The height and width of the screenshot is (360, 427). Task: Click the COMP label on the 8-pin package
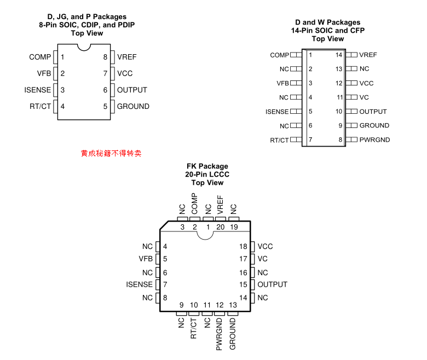[40, 57]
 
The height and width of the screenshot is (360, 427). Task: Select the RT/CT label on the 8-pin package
[40, 106]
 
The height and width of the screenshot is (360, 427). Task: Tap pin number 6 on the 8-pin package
[105, 90]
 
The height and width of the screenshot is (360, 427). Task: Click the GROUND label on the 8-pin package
[133, 106]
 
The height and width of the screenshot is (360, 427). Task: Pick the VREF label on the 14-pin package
[368, 55]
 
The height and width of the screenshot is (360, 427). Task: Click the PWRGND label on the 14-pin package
[374, 140]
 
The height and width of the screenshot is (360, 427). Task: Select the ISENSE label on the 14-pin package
[277, 112]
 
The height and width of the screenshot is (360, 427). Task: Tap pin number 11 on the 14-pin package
[339, 97]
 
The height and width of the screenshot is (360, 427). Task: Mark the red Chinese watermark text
[111, 154]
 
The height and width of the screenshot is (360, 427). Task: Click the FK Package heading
[207, 166]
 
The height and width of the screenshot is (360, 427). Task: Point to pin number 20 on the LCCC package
[221, 227]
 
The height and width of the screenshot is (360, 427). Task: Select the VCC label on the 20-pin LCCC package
[265, 247]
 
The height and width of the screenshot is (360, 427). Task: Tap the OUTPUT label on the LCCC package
[272, 284]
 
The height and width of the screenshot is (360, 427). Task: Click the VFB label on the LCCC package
[146, 259]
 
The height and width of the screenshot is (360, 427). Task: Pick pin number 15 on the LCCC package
[244, 284]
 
